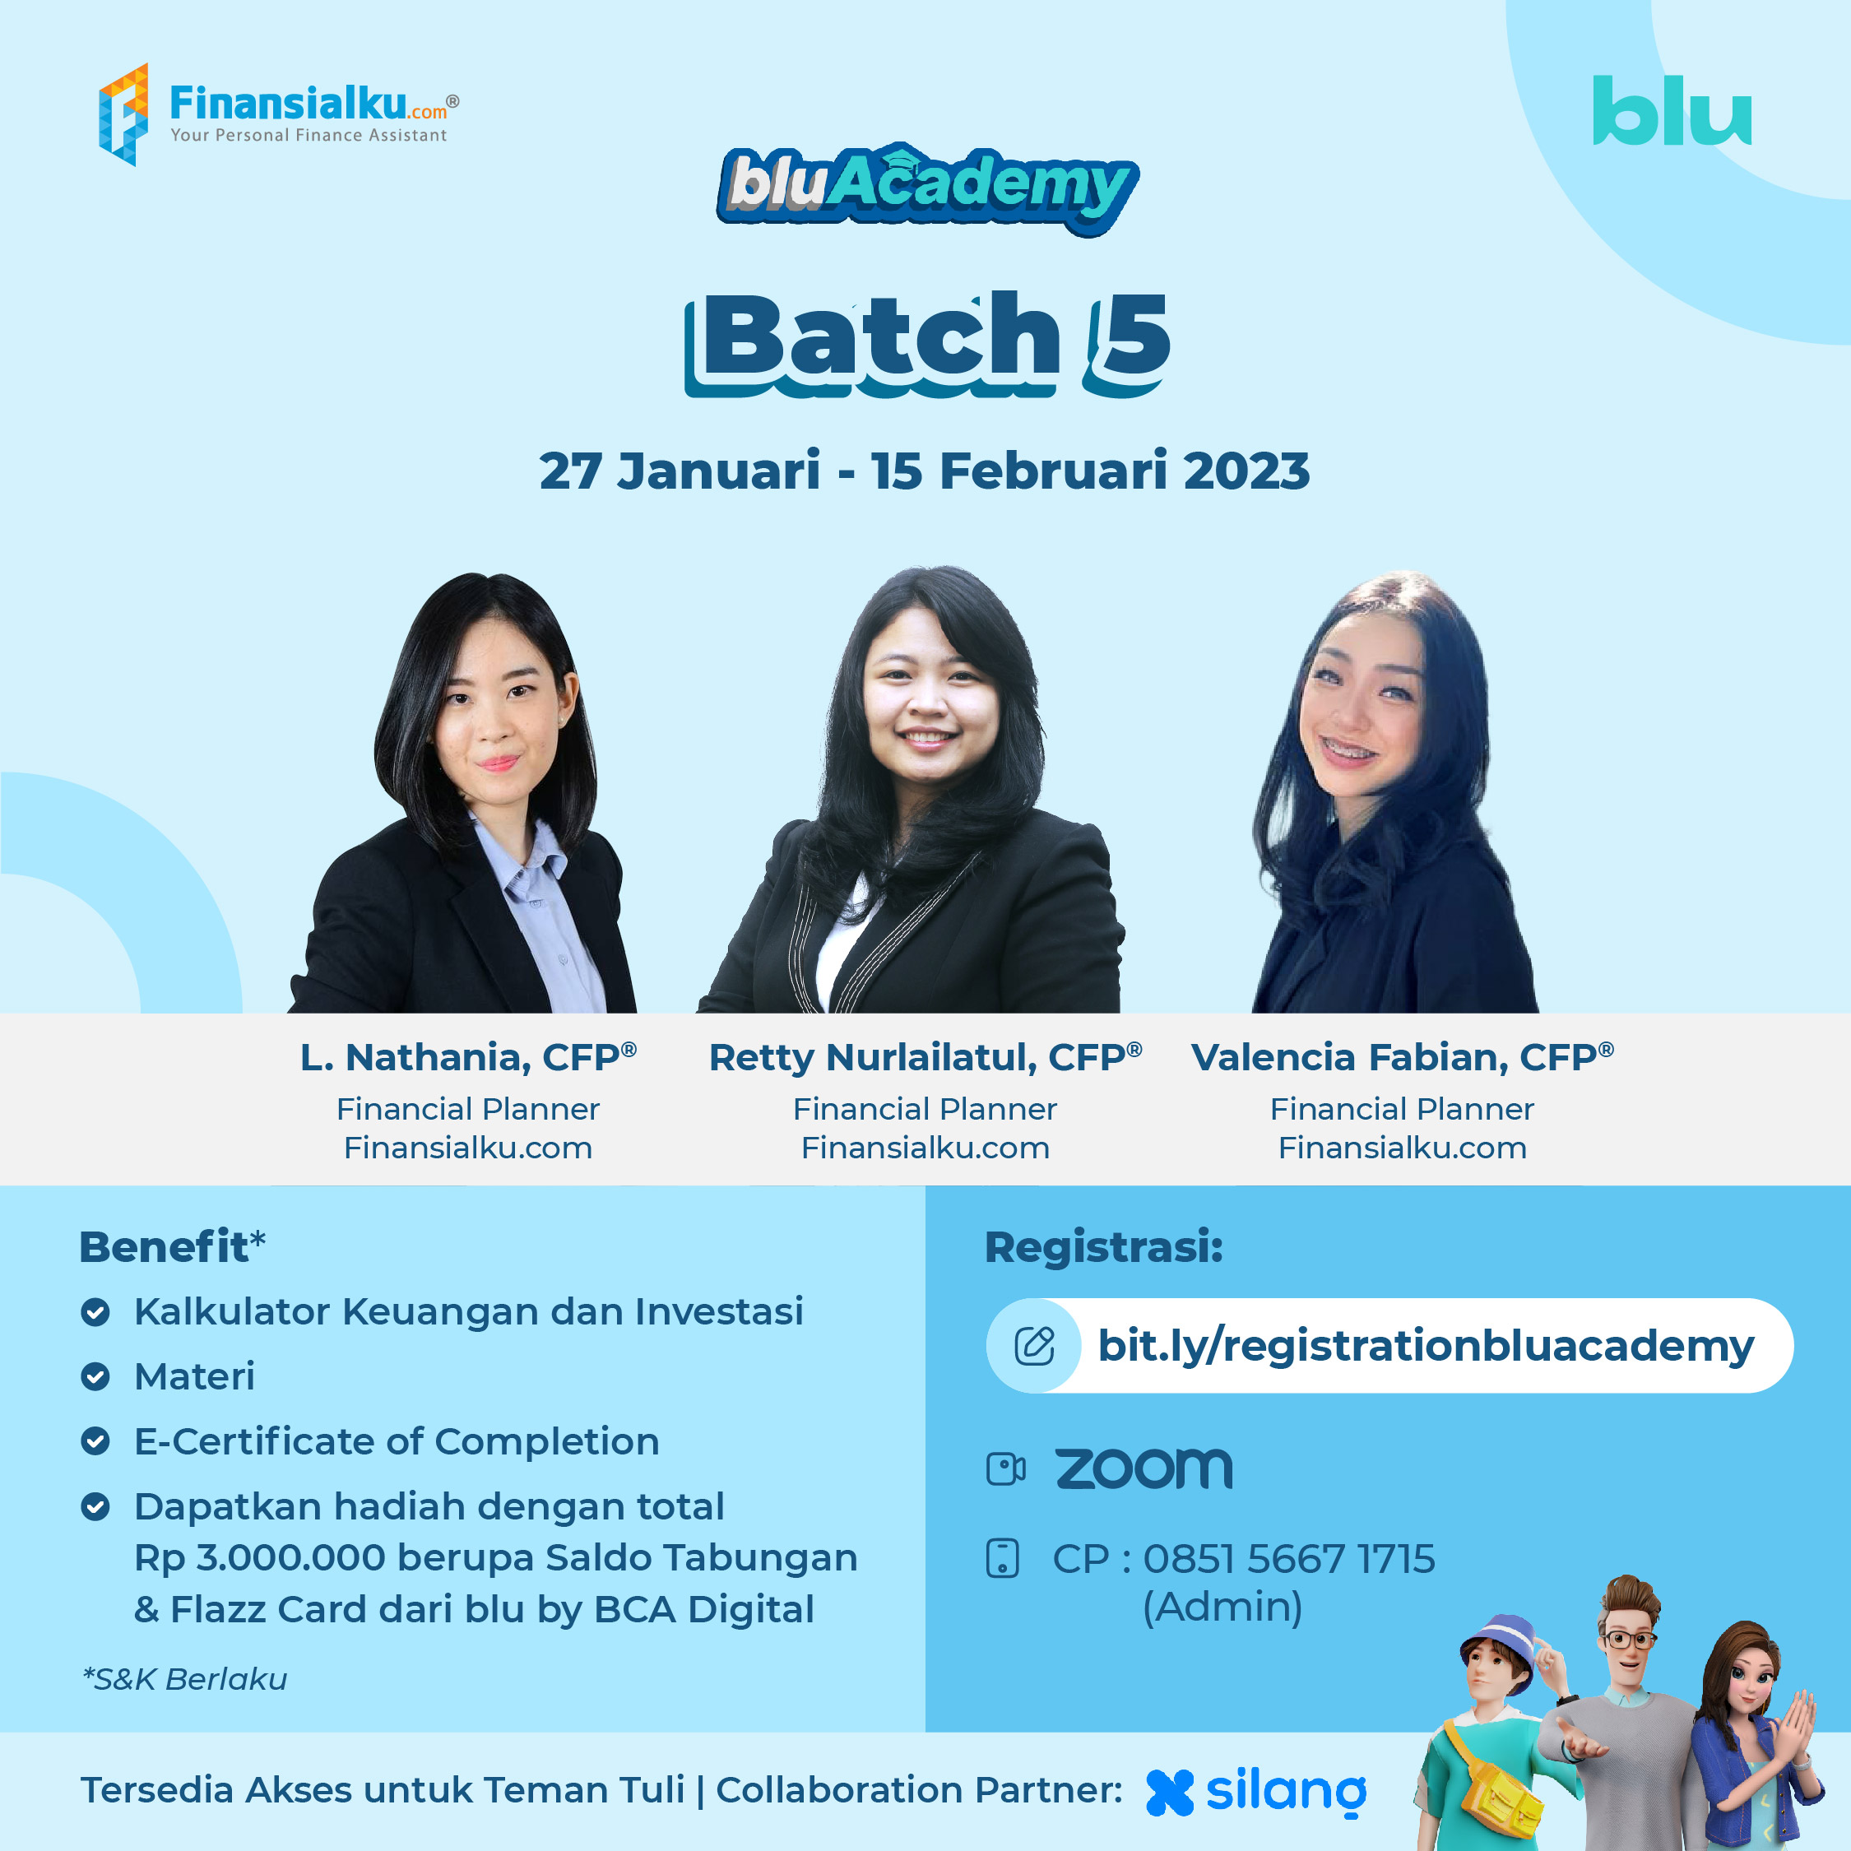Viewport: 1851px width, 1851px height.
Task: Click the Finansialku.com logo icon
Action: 123,114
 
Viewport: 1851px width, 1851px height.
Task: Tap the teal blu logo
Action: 1672,111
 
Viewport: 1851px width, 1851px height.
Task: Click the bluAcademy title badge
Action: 927,188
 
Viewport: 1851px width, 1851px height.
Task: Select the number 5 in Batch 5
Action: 1129,343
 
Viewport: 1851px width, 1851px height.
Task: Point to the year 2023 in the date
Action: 1246,471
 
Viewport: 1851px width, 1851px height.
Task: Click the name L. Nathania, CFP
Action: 468,1057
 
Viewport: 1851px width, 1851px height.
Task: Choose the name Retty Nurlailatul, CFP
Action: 925,1057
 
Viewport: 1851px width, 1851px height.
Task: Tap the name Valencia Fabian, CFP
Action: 1403,1057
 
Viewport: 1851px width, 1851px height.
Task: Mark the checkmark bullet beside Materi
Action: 95,1377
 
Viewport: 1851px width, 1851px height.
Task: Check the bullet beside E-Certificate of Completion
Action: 95,1441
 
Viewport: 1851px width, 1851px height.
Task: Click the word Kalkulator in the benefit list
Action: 232,1311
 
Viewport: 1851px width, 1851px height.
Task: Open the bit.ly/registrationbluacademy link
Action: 1426,1345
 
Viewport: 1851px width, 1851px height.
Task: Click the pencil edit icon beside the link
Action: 1035,1345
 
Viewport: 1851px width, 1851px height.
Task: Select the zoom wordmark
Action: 1144,1468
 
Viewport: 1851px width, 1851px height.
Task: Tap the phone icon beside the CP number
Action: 1002,1559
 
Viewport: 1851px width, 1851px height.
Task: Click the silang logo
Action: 1256,1792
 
